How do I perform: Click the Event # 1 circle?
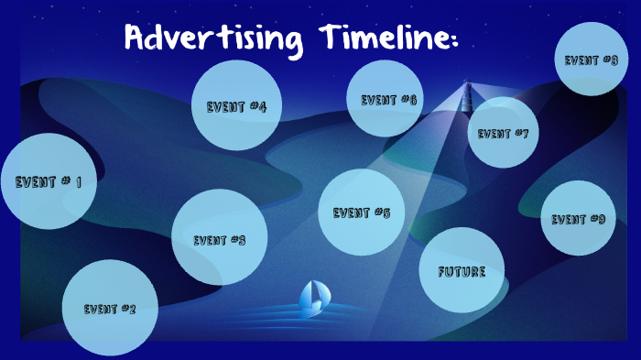pyautogui.click(x=49, y=181)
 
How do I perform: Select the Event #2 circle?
pyautogui.click(x=110, y=308)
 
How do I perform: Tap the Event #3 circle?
pyautogui.click(x=220, y=237)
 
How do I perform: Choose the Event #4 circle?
pyautogui.click(x=236, y=106)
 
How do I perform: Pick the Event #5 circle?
pyautogui.click(x=362, y=213)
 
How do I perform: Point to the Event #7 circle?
pyautogui.click(x=503, y=133)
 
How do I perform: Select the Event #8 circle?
pyautogui.click(x=591, y=60)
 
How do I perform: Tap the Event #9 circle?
pyautogui.click(x=578, y=218)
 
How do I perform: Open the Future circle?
pyautogui.click(x=462, y=271)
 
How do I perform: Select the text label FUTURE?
pyautogui.click(x=462, y=272)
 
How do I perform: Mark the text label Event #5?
pyautogui.click(x=362, y=213)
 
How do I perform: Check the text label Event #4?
pyautogui.click(x=236, y=107)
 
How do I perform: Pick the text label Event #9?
pyautogui.click(x=578, y=219)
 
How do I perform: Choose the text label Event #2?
pyautogui.click(x=110, y=309)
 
